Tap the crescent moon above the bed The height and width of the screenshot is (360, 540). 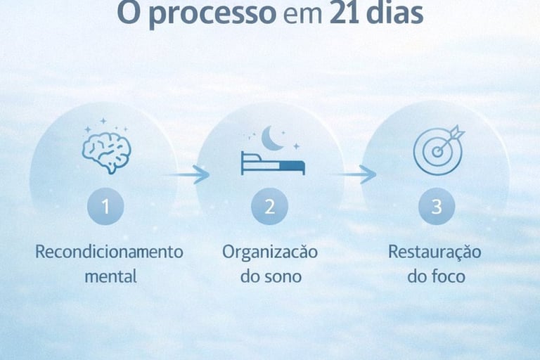pyautogui.click(x=271, y=139)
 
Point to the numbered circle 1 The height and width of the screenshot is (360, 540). pyautogui.click(x=106, y=207)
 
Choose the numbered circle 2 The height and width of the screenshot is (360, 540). pyautogui.click(x=271, y=207)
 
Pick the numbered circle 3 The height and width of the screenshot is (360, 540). pyautogui.click(x=437, y=207)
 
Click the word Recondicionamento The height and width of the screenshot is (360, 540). pyautogui.click(x=109, y=252)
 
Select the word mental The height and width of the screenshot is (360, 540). pyautogui.click(x=110, y=276)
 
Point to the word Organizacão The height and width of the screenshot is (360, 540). pyautogui.click(x=270, y=252)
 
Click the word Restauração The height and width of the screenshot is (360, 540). pyautogui.click(x=435, y=252)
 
